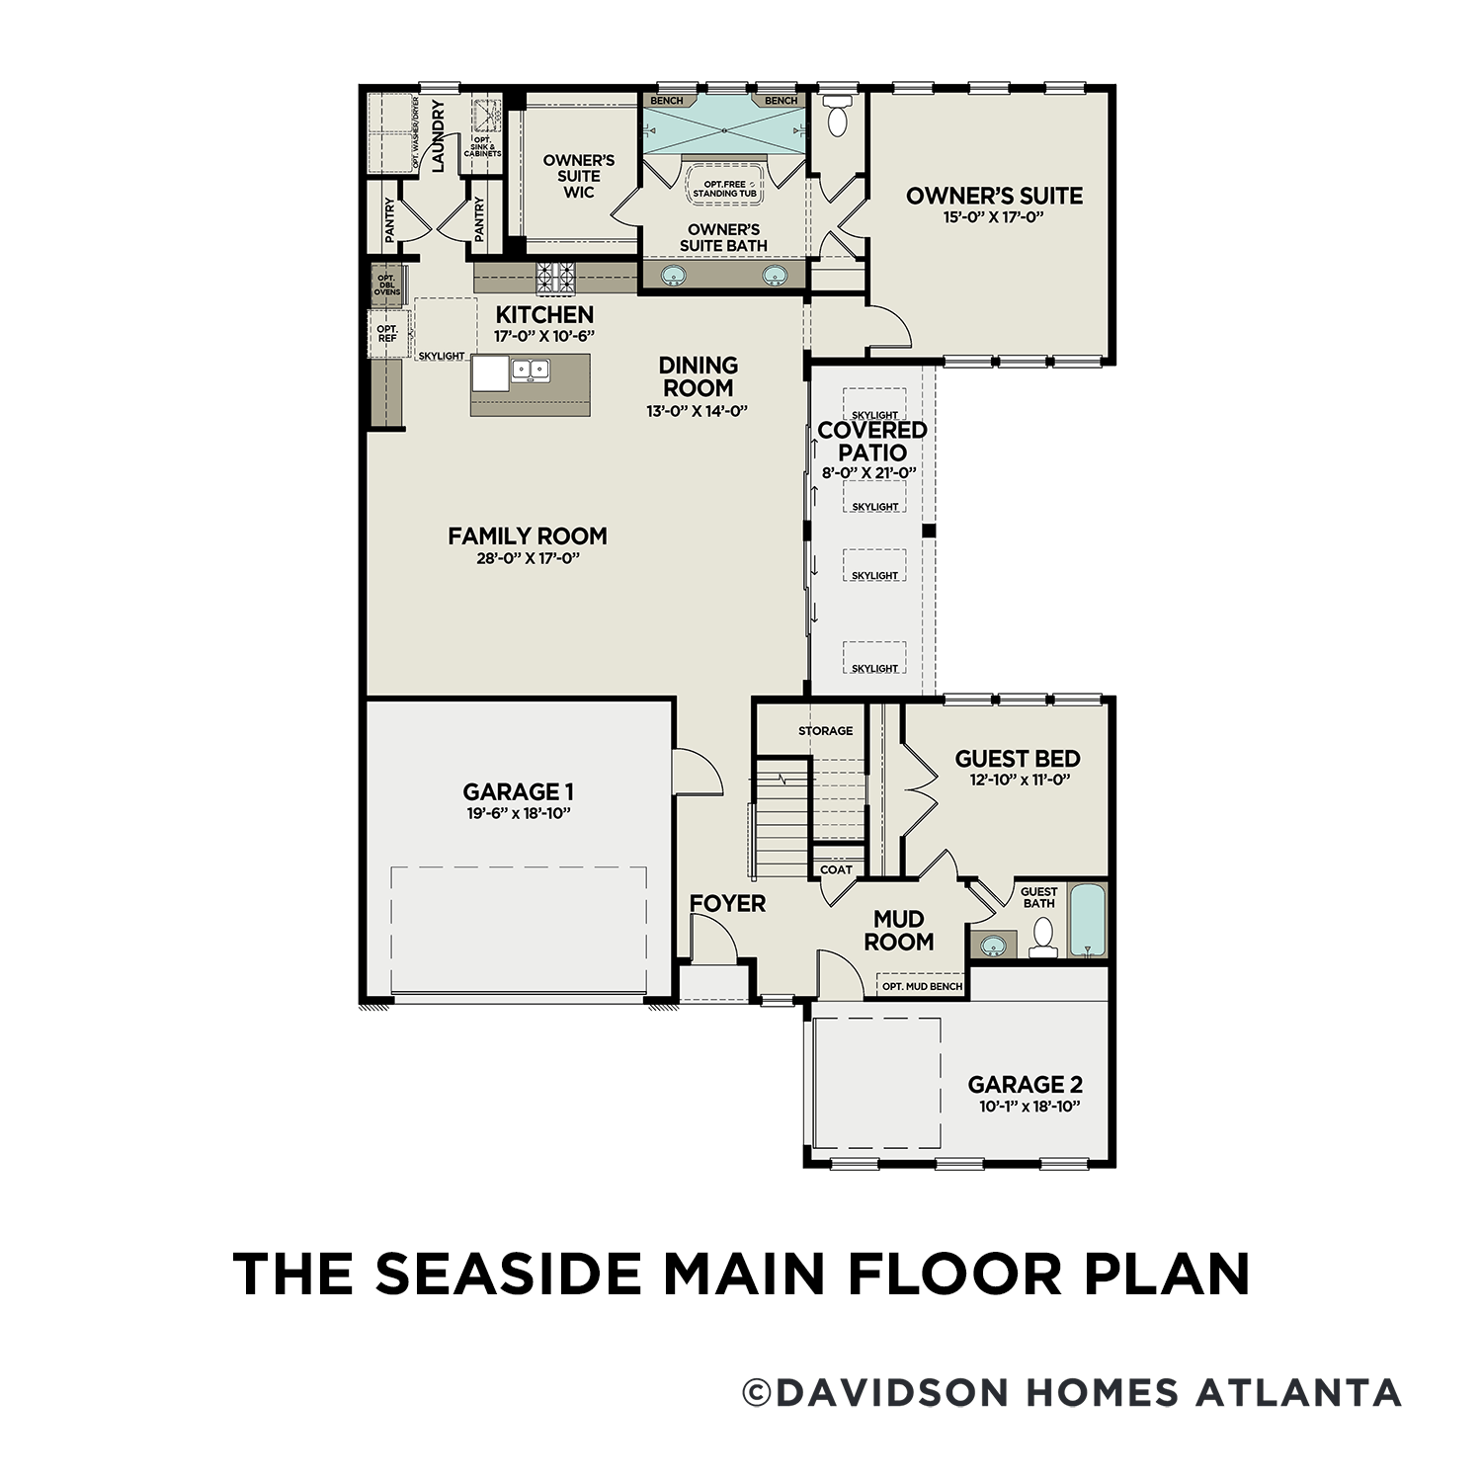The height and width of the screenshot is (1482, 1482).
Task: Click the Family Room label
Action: pos(527,536)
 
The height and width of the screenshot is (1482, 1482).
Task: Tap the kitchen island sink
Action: pos(530,370)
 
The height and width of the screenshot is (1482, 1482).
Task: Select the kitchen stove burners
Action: pos(555,277)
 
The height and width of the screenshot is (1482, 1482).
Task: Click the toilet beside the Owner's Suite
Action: pos(837,118)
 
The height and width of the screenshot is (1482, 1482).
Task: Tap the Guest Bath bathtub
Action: pos(1088,920)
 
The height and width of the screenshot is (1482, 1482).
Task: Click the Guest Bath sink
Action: pos(992,946)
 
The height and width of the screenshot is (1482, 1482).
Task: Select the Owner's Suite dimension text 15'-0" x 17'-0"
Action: pos(993,217)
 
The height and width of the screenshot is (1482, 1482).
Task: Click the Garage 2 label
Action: pos(1025,1084)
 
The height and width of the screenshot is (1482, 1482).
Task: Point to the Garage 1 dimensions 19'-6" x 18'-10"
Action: pos(518,813)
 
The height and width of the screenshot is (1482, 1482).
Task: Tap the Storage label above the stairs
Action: pos(825,731)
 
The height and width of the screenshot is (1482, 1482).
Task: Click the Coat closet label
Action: pos(836,869)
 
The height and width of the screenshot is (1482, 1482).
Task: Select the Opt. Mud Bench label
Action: pos(921,986)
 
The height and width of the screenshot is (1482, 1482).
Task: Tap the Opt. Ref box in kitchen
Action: pos(386,334)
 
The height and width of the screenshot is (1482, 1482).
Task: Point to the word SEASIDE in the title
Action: pos(507,1275)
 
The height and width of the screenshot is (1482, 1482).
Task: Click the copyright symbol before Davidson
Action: pos(757,1393)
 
